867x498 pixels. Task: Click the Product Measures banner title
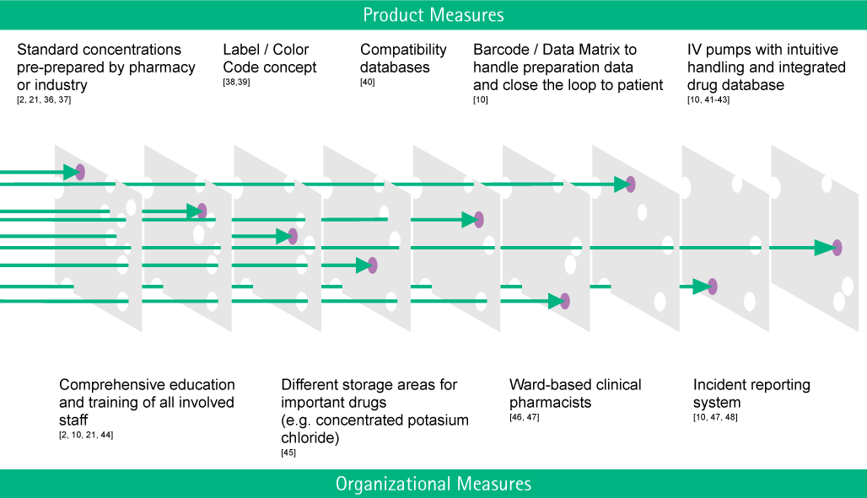(x=433, y=15)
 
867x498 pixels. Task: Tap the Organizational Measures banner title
(x=433, y=484)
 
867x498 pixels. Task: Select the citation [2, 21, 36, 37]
(x=44, y=99)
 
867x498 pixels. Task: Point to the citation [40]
(x=367, y=82)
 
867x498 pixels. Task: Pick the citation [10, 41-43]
(x=708, y=99)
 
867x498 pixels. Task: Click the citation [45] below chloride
(x=288, y=452)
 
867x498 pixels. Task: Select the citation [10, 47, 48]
(x=715, y=417)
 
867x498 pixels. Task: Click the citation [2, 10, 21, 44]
(x=86, y=435)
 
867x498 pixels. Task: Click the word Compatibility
(x=403, y=51)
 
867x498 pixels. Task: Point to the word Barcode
(x=501, y=50)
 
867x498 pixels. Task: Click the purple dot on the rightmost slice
(x=837, y=248)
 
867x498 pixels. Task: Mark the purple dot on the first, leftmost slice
(x=80, y=172)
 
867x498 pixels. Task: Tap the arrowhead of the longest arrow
(x=824, y=248)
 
